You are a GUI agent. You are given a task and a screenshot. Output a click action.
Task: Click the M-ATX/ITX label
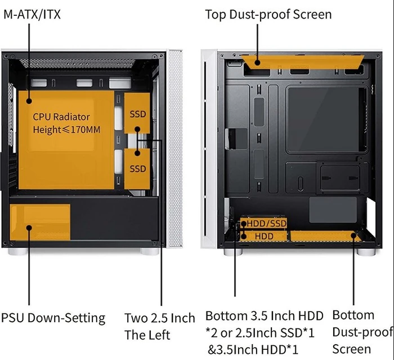(x=32, y=14)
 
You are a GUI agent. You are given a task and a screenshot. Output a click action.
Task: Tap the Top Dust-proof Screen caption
(x=268, y=14)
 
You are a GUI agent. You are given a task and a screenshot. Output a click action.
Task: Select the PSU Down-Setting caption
(x=53, y=318)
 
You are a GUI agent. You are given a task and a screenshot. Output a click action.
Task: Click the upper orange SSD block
(x=137, y=113)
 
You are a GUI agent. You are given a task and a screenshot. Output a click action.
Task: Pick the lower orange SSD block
(x=137, y=169)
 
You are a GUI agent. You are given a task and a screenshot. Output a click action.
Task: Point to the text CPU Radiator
(x=61, y=117)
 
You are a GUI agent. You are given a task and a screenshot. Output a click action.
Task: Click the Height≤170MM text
(x=66, y=130)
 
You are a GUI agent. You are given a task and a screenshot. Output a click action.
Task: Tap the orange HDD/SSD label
(x=263, y=223)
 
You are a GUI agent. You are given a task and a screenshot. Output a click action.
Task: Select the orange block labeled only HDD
(x=263, y=236)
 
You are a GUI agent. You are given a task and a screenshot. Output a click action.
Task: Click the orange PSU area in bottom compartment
(x=40, y=222)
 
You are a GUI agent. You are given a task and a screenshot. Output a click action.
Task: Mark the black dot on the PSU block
(x=29, y=228)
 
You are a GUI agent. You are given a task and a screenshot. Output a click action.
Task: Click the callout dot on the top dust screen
(x=257, y=63)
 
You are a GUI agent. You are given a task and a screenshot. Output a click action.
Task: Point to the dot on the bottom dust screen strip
(x=353, y=235)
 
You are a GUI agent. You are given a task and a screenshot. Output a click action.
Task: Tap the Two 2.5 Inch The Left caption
(x=159, y=326)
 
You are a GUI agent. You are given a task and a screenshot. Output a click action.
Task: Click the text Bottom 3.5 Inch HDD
(x=264, y=315)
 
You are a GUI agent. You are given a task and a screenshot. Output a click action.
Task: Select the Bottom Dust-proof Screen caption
(x=362, y=332)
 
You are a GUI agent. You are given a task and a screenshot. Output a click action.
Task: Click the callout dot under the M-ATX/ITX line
(x=29, y=101)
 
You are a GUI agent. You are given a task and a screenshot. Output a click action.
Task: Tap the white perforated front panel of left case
(x=176, y=148)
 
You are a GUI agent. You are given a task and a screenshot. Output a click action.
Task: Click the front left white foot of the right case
(x=232, y=252)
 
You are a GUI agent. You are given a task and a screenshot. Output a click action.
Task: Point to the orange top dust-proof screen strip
(x=303, y=62)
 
